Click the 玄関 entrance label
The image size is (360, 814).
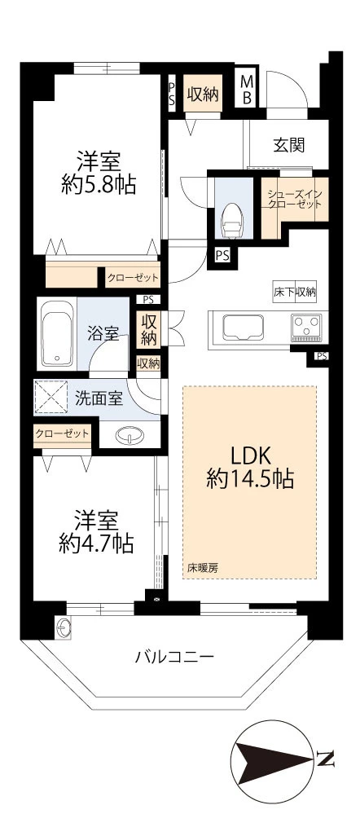coord(289,145)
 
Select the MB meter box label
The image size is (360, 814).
coord(247,90)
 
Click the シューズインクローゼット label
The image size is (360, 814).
coord(295,200)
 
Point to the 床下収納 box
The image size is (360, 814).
coord(295,292)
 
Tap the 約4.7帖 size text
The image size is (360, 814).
coord(96,543)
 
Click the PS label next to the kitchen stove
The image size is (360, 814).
coord(322,356)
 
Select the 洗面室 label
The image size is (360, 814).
coord(99,398)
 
